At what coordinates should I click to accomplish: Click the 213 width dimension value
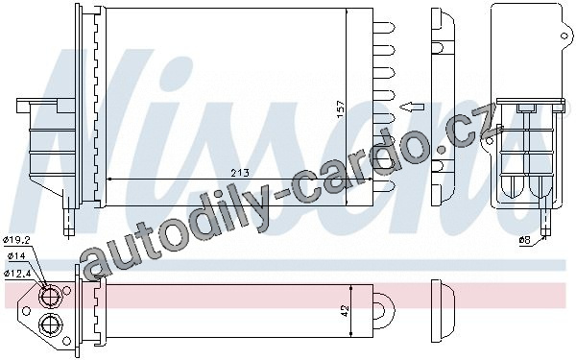pos(240,173)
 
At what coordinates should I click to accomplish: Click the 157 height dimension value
pos(341,109)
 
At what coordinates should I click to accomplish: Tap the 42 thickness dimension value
pos(345,311)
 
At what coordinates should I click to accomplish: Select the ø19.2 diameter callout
pos(17,240)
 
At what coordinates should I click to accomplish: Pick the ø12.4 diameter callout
pos(17,273)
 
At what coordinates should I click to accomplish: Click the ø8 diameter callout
pos(524,240)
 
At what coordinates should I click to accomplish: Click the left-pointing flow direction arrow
pos(412,107)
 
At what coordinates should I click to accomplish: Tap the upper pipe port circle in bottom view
pos(49,297)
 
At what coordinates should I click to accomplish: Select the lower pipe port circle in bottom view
pos(49,324)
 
